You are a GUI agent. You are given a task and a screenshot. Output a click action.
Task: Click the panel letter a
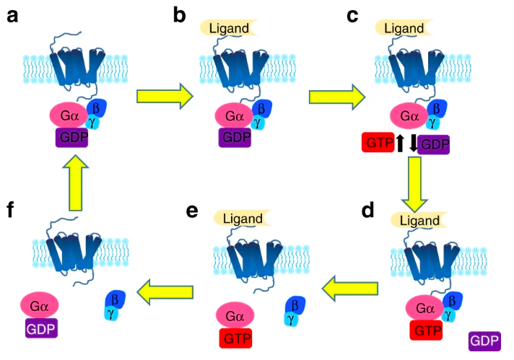coord(12,14)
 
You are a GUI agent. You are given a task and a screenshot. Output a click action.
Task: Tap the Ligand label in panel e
coord(243,217)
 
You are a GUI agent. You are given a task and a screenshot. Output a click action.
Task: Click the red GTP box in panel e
coord(234,337)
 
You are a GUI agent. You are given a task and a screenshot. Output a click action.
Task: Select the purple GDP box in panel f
coord(41,330)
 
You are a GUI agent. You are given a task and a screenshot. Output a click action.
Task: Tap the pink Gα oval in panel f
coord(41,305)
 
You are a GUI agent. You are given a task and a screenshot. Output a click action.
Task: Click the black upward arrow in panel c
coord(399,143)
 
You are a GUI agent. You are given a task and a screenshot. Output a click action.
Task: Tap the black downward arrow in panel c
coord(413,143)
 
